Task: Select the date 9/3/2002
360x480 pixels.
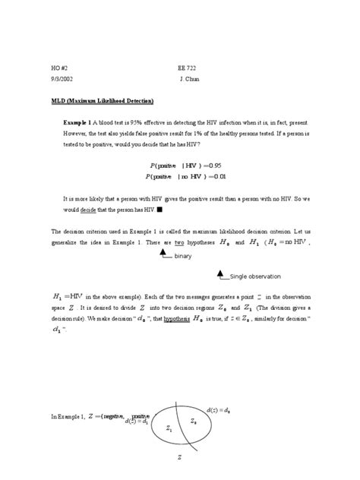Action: (x=63, y=79)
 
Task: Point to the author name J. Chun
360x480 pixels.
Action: (x=190, y=79)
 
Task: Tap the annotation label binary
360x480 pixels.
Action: (x=183, y=257)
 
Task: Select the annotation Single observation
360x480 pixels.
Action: (x=256, y=276)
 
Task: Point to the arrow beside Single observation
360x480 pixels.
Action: (x=222, y=273)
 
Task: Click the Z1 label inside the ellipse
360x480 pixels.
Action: (x=169, y=429)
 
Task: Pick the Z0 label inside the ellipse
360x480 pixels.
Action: (x=194, y=420)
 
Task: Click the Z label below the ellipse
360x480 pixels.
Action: (x=179, y=458)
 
